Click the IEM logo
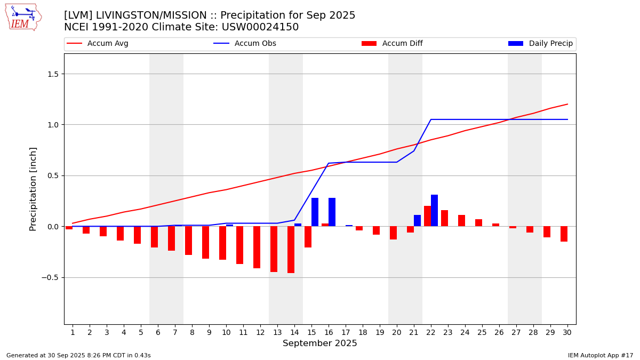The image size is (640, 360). tap(23, 17)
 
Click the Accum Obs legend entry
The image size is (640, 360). tap(245, 44)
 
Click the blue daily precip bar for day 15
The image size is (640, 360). tap(315, 212)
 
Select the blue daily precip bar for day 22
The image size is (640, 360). tap(434, 211)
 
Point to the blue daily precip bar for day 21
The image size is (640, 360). tap(417, 221)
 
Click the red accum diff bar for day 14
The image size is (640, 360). tap(291, 250)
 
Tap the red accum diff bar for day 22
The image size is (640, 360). tap(427, 216)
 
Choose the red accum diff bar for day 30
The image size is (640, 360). tap(564, 234)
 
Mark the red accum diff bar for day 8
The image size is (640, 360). tap(188, 241)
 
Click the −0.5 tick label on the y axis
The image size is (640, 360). tap(50, 277)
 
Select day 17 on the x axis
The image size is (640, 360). tap(346, 332)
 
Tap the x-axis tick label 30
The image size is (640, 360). tap(567, 332)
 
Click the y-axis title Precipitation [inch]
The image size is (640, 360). tap(33, 189)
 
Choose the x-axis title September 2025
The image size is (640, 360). tap(320, 343)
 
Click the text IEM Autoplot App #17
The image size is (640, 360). tap(601, 355)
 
